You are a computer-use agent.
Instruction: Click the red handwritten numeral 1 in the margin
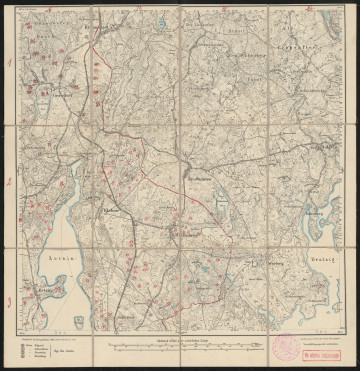tap(8, 62)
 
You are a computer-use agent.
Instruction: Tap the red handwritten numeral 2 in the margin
tap(8, 182)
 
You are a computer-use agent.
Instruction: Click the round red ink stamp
tap(283, 346)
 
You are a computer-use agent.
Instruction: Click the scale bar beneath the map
tap(175, 347)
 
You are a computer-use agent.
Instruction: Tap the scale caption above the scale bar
tap(175, 340)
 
